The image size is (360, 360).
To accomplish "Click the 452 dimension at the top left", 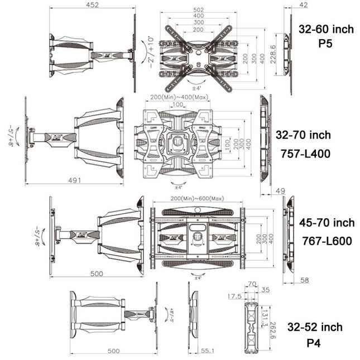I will (92, 5).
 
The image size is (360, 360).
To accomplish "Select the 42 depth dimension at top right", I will (287, 5).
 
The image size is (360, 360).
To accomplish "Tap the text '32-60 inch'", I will (325, 29).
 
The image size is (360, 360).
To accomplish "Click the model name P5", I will (325, 44).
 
